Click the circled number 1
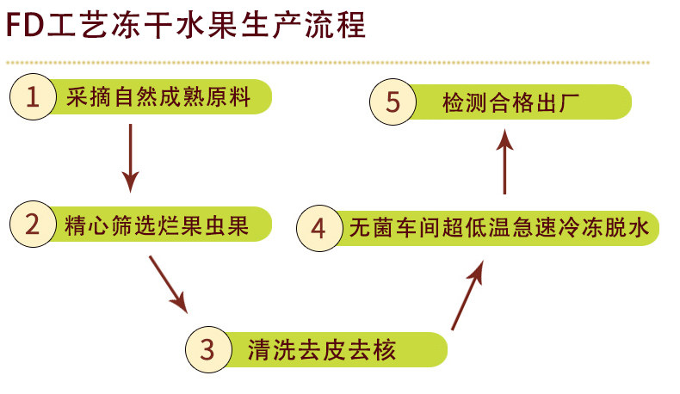(x=33, y=96)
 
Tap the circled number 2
(x=33, y=225)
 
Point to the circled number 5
(x=392, y=102)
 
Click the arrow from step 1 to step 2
(x=130, y=157)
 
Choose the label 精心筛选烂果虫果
(x=157, y=226)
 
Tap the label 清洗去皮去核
(x=320, y=350)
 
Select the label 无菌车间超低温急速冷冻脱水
(x=493, y=229)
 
